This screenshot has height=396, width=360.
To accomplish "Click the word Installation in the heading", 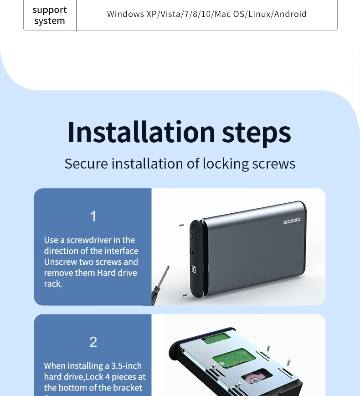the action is (x=141, y=132).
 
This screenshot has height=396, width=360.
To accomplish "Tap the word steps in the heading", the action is (x=257, y=134).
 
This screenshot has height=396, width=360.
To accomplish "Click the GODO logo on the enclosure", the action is (x=292, y=221).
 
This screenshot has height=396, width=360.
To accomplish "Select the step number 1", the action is (x=93, y=216).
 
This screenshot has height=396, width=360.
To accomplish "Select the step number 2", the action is (x=93, y=342).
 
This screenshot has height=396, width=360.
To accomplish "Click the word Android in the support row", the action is (x=290, y=14).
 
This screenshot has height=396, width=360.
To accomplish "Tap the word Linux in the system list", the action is (x=260, y=14).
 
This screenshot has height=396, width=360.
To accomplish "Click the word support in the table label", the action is (x=50, y=10).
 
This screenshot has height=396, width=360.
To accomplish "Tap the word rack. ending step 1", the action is (x=53, y=284).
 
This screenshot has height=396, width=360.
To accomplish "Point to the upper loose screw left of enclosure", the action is (x=181, y=225).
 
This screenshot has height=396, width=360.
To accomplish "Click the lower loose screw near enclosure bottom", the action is (x=185, y=295).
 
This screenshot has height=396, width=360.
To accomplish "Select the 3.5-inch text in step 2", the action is (x=127, y=366).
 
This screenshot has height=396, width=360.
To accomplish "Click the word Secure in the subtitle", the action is (x=86, y=164).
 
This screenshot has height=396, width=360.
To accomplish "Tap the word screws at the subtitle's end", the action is (x=273, y=164).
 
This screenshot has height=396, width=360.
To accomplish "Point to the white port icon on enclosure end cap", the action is (x=194, y=269).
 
